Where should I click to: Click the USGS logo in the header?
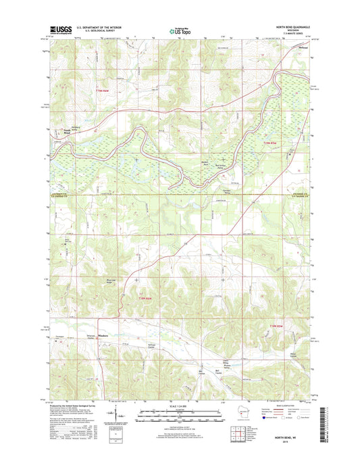click(x=60, y=30)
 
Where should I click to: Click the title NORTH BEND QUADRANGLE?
click(x=290, y=28)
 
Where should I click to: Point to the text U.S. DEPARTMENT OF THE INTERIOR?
click(x=99, y=28)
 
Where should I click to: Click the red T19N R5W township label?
click(x=270, y=143)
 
